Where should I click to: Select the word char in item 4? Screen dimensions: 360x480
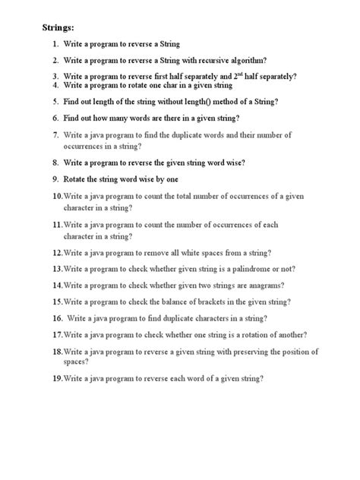coord(163,86)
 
